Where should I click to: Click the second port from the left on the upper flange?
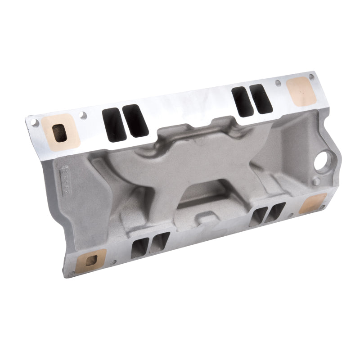click(136, 120)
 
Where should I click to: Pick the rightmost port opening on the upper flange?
click(261, 99)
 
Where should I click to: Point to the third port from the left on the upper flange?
click(241, 102)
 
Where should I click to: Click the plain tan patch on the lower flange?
click(312, 203)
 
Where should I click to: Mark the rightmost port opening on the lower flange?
click(276, 211)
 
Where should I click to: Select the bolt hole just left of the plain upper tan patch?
click(278, 83)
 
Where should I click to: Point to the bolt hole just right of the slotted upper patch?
click(83, 115)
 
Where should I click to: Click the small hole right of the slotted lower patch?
click(112, 261)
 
